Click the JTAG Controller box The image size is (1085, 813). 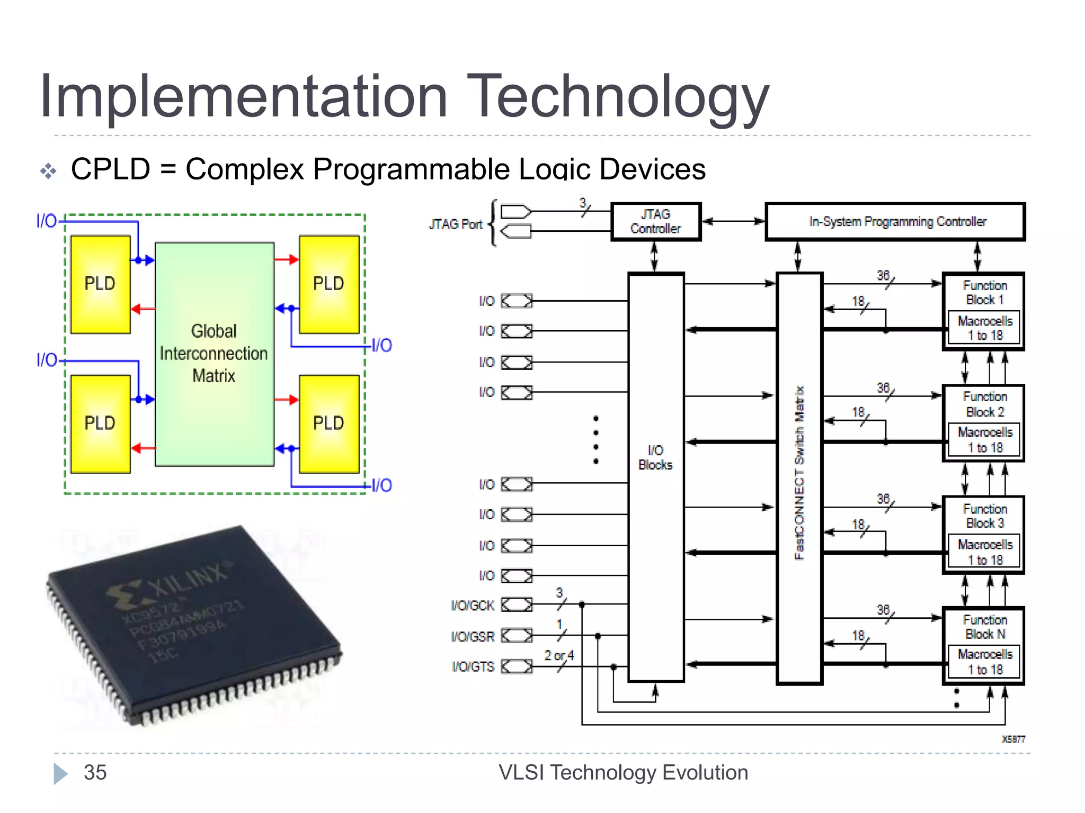(x=655, y=222)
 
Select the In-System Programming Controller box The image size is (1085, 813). (x=895, y=222)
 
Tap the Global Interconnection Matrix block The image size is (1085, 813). (x=214, y=354)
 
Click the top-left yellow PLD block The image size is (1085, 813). (x=100, y=284)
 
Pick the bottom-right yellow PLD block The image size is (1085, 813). (x=329, y=423)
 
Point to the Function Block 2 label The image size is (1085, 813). (x=984, y=404)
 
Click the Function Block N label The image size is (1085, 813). (x=984, y=627)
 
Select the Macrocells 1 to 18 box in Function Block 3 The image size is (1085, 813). (x=984, y=552)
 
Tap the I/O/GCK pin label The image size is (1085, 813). (x=473, y=606)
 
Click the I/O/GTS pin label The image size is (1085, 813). (x=473, y=667)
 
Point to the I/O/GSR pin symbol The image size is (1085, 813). (x=517, y=636)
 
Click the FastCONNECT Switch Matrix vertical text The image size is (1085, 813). (x=799, y=473)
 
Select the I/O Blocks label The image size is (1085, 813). (x=655, y=458)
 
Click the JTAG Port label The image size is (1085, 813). (x=456, y=224)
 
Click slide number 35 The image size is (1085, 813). (x=95, y=773)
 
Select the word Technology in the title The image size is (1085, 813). (x=617, y=96)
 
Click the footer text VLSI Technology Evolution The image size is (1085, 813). (x=623, y=773)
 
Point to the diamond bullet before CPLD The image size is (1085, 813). (x=48, y=171)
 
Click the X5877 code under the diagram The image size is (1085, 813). (x=1013, y=739)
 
